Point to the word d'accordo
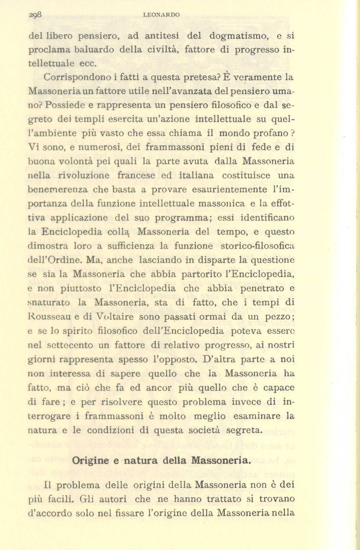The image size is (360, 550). click(x=49, y=512)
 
